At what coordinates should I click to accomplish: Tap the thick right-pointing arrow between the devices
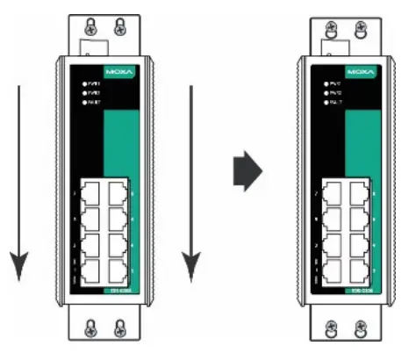pos(248,172)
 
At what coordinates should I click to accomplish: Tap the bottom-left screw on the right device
pos(331,328)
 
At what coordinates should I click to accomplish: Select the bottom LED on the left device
pos(83,104)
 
